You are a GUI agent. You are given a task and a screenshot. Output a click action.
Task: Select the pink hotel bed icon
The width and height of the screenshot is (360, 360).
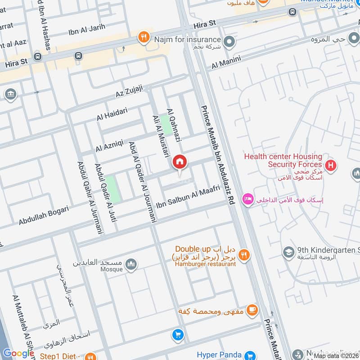(247, 198)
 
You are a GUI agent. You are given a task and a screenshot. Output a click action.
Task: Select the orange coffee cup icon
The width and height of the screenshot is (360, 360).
(252, 309)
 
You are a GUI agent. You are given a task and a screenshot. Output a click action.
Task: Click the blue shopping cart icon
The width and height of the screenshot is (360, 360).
(178, 335)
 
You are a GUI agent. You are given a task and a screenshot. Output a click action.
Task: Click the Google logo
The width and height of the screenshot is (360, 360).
(19, 353)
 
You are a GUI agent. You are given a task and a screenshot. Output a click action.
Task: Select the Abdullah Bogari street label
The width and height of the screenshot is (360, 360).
(44, 216)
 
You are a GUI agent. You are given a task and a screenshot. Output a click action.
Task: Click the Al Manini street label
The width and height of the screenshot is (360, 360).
(226, 62)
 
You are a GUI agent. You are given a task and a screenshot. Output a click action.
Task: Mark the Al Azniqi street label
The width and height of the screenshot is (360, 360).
(109, 145)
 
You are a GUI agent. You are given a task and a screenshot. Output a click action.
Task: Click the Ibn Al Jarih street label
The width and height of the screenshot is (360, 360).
(86, 27)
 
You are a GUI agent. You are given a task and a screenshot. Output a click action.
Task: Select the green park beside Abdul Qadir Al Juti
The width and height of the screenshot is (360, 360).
(113, 189)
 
